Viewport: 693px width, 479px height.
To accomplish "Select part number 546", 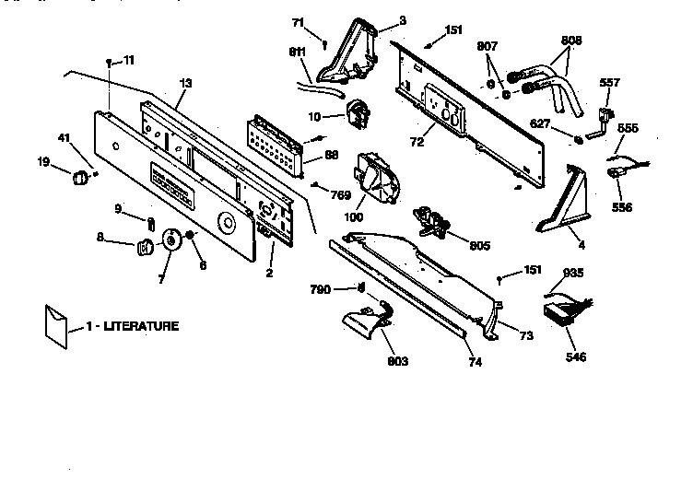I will [576, 356].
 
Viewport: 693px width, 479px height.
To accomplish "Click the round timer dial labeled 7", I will [170, 240].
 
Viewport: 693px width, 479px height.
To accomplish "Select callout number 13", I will [185, 84].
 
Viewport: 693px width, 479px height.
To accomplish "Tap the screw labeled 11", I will [110, 62].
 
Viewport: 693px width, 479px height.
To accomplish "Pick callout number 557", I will [610, 82].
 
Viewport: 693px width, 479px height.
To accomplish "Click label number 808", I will [572, 41].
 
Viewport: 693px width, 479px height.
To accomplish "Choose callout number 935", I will [574, 273].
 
